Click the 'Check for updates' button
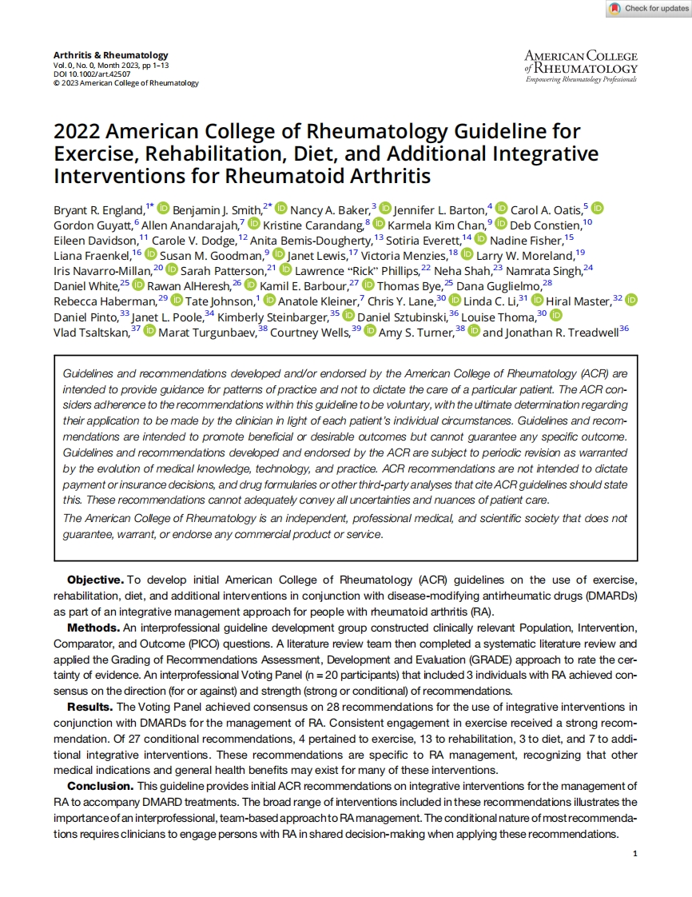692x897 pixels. coord(648,9)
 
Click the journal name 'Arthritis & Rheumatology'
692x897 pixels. coord(100,54)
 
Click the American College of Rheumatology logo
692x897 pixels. coord(581,66)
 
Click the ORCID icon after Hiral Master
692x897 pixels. coord(631,301)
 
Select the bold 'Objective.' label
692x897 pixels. coord(95,579)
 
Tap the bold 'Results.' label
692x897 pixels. coord(90,707)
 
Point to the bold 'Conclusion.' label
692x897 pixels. coord(101,787)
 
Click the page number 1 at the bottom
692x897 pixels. coord(634,855)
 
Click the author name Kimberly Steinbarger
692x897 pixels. coord(272,317)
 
